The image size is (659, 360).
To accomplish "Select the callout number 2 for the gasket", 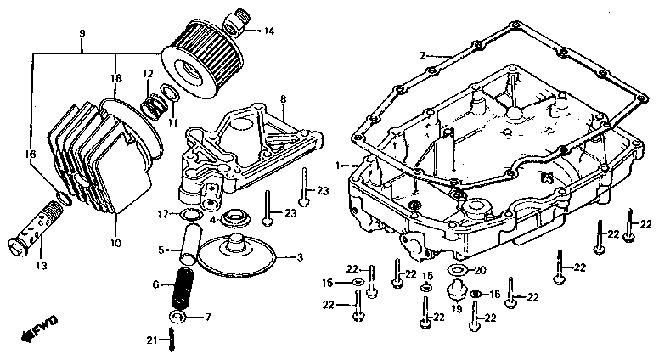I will (421, 55).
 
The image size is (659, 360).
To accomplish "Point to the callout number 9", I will (82, 33).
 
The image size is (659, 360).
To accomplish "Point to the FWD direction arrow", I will (39, 332).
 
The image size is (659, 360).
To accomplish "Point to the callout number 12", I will (147, 75).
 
